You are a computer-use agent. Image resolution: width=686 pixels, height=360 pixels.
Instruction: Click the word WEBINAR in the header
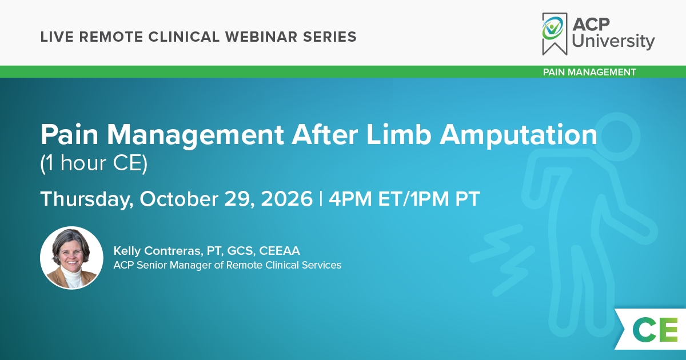click(x=261, y=37)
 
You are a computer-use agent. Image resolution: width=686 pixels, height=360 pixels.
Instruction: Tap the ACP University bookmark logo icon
click(x=555, y=34)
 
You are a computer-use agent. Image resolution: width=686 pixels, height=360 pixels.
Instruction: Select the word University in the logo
click(x=613, y=41)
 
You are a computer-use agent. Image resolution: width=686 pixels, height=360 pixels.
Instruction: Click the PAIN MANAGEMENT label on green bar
click(x=589, y=72)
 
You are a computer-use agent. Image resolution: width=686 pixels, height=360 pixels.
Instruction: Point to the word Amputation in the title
click(x=519, y=135)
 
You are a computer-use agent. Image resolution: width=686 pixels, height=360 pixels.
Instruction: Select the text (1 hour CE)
click(x=94, y=163)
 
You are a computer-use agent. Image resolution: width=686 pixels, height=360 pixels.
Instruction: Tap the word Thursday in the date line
click(x=87, y=199)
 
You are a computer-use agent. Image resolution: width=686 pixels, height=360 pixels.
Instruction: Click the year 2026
click(x=286, y=199)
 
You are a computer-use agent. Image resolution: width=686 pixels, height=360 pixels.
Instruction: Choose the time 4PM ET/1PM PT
click(x=404, y=199)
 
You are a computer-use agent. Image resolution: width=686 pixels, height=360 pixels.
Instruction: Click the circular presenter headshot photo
click(x=71, y=258)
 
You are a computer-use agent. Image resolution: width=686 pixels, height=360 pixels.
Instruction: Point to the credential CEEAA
click(x=280, y=251)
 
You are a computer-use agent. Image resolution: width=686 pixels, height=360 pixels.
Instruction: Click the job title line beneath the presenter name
click(x=228, y=265)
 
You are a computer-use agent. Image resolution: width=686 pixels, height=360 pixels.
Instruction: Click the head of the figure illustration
click(x=621, y=137)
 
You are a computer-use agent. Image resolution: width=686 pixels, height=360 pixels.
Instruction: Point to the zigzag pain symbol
click(x=502, y=260)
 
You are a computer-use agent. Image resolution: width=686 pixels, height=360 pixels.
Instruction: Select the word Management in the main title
click(x=196, y=135)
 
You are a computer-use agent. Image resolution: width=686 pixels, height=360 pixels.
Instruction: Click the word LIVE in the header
click(x=57, y=37)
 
